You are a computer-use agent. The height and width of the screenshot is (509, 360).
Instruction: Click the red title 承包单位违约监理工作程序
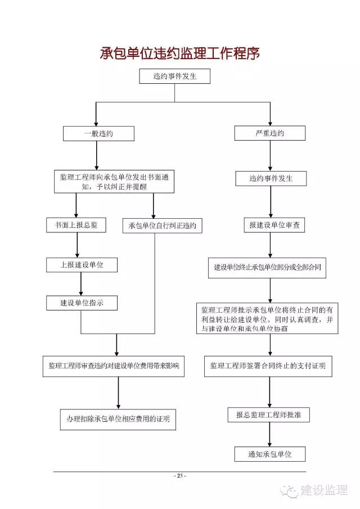point(179,53)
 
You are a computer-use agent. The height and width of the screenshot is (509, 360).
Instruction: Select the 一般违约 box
point(98,133)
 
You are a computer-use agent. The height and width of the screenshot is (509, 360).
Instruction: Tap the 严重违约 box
point(270,133)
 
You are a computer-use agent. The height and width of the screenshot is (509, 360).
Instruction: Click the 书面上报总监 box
point(76,225)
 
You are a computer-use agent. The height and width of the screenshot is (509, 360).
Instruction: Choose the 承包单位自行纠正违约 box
point(163,226)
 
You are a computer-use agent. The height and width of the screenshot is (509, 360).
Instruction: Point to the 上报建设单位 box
point(82,265)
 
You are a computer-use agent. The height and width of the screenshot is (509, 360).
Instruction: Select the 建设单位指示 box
point(82,303)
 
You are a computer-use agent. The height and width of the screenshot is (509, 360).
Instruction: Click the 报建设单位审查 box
point(274,225)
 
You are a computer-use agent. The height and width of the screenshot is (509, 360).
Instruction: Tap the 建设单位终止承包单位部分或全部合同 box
point(267,268)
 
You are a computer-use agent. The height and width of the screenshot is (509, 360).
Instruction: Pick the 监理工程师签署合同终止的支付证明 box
point(268,366)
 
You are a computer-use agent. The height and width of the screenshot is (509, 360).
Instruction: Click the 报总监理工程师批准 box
point(268,415)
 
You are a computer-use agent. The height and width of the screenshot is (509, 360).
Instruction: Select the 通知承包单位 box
point(270,454)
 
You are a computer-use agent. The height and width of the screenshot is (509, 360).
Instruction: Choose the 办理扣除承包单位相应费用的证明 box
point(118,420)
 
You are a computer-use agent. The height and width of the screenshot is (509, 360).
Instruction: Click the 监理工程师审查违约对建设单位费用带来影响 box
point(114,366)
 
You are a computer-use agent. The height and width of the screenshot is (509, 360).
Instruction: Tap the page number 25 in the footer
point(180,476)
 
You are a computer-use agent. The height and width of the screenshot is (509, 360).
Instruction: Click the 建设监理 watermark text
point(324,490)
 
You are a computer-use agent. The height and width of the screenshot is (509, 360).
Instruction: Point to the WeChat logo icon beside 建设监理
point(290,491)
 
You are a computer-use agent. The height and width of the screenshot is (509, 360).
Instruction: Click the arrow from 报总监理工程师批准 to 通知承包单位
point(269,434)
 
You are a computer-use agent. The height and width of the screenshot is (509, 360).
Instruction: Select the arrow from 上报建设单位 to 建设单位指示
point(81,283)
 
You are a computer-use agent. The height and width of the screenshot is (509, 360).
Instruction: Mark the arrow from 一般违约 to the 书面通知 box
point(96,155)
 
